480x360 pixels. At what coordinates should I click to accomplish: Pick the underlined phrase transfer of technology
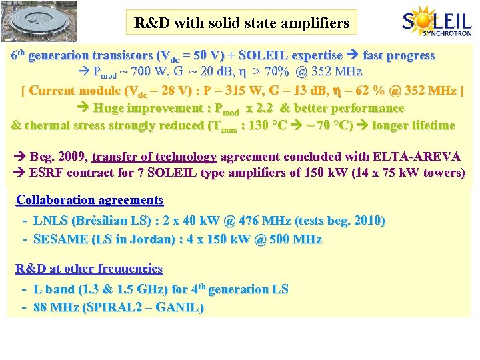click(154, 157)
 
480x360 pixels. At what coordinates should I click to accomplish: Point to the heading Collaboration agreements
click(89, 200)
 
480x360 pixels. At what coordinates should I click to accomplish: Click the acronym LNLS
click(51, 221)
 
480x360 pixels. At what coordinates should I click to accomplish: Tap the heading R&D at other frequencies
click(89, 269)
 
